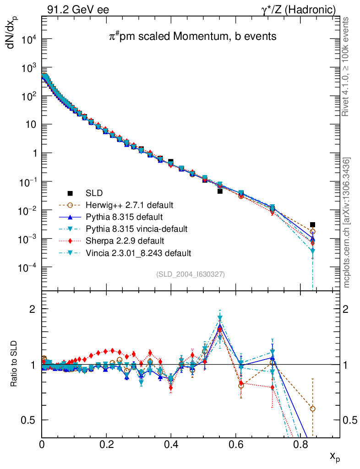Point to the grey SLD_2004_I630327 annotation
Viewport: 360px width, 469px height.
point(191,274)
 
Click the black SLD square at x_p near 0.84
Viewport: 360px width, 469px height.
point(312,225)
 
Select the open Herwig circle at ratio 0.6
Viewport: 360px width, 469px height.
point(312,409)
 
